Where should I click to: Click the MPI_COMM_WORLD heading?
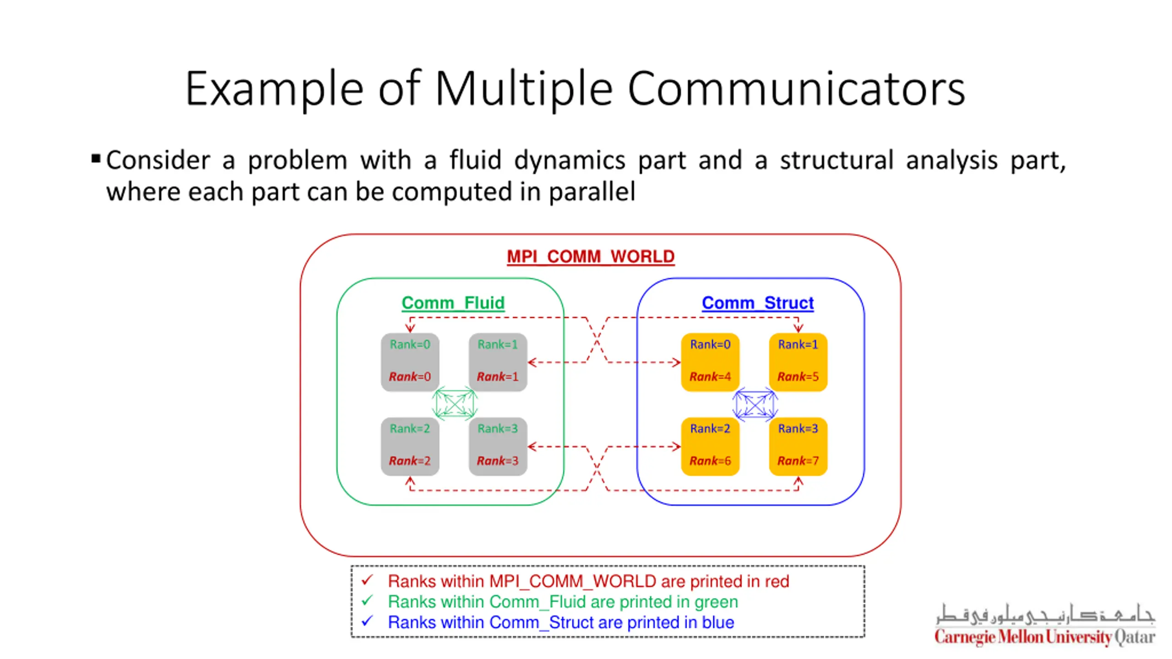point(591,256)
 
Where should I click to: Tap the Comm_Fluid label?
point(453,303)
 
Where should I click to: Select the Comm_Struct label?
point(758,303)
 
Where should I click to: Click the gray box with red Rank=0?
point(410,362)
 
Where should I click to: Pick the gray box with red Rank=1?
point(498,362)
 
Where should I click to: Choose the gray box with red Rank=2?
point(410,446)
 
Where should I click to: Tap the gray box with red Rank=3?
point(498,446)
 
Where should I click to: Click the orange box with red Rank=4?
point(710,362)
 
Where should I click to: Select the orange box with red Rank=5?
point(798,362)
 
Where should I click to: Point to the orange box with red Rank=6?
point(710,446)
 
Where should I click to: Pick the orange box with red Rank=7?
point(798,446)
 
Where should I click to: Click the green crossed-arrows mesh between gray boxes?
point(455,404)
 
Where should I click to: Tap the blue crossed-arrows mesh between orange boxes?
point(755,404)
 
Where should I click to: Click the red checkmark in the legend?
point(367,580)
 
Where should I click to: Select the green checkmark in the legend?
point(367,600)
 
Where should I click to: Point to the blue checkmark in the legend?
point(367,621)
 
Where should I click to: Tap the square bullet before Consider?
point(96,159)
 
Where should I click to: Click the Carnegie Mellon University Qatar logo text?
point(1045,637)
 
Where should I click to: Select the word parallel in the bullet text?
point(592,191)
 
